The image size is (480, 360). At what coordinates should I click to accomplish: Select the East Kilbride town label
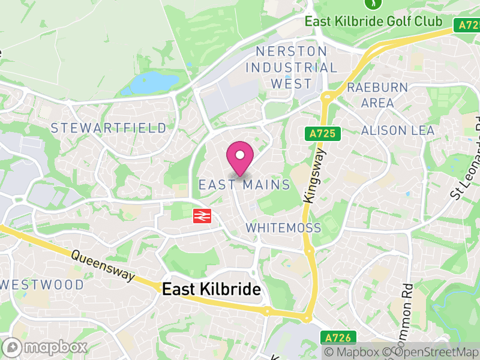[211, 290]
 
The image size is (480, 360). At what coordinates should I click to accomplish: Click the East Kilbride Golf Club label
[373, 22]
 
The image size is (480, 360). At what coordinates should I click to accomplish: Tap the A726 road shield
[341, 338]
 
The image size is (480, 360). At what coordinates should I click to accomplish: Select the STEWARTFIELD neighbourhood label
[109, 128]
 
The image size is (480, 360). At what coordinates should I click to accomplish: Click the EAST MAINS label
[244, 185]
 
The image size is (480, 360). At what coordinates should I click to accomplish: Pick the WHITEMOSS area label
[283, 228]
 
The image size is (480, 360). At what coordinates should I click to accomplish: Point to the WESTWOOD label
[42, 284]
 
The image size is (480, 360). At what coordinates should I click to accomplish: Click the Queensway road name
[103, 265]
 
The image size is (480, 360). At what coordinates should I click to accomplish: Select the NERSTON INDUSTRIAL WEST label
[292, 67]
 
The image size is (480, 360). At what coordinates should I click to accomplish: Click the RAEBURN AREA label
[377, 95]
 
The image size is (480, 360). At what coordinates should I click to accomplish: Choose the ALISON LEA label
[398, 130]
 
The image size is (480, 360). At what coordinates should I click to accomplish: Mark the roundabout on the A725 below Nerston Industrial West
[328, 96]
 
